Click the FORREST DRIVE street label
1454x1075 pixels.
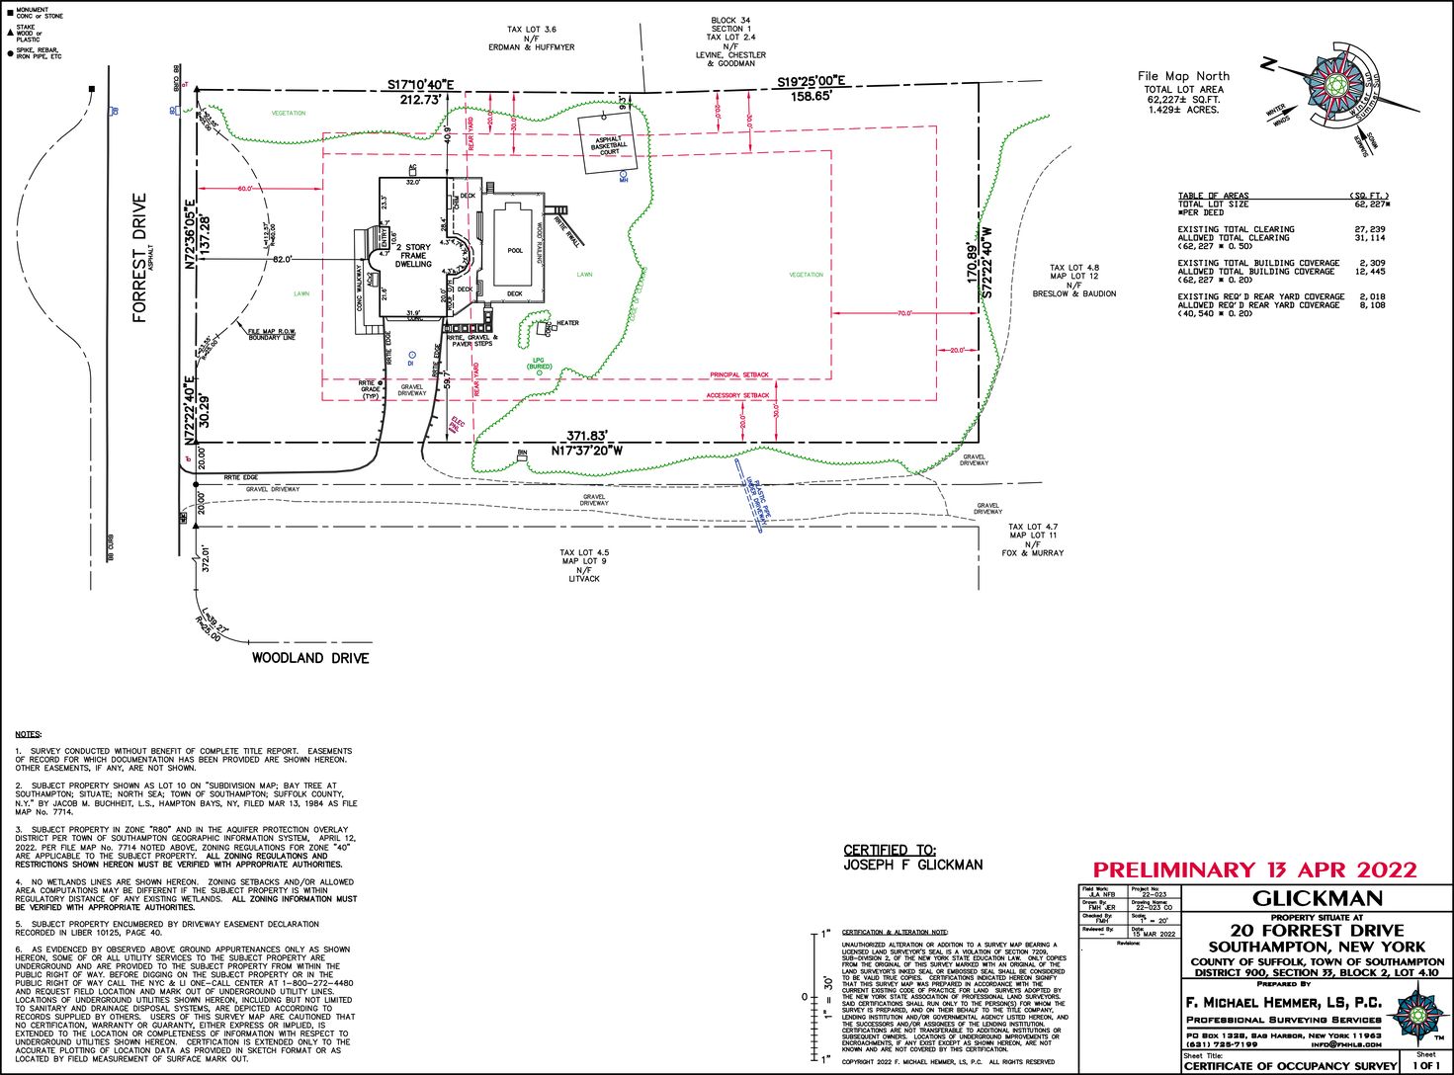pos(139,258)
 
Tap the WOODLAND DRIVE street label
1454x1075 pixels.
pos(309,658)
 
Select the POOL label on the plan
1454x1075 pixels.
pos(515,250)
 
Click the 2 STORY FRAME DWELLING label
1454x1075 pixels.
pos(413,255)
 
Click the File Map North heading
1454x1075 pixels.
pos(1183,76)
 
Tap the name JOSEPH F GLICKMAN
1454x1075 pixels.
pos(913,865)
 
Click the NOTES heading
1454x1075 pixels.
pos(29,734)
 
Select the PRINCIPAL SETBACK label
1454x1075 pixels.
pos(739,375)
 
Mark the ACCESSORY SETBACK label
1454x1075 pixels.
pos(737,395)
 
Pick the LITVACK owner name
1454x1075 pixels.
pos(584,578)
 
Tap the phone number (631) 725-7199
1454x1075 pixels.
pos(1223,1044)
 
